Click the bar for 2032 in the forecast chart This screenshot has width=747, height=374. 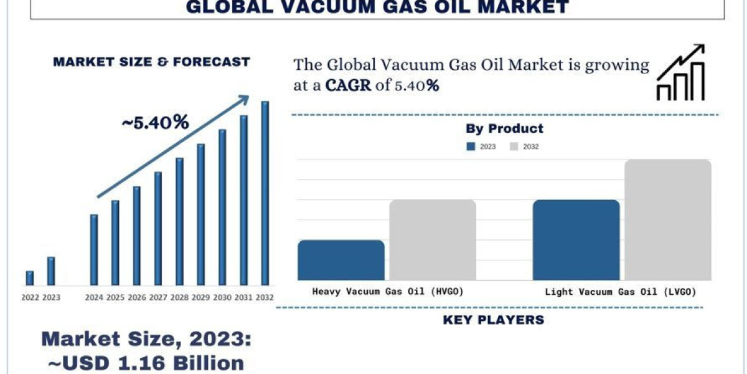coord(265,193)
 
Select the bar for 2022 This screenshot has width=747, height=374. coord(30,278)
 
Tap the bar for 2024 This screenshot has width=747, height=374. coord(94,249)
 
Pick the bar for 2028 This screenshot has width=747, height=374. coord(179,221)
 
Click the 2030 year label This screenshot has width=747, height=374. coord(222,297)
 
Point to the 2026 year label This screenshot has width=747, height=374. coord(137,297)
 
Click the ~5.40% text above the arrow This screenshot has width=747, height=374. coord(155,123)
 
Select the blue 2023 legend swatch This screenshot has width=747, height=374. coord(471,146)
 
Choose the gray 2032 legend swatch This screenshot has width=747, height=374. coord(514,146)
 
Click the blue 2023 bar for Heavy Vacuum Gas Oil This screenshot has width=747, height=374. coord(341,260)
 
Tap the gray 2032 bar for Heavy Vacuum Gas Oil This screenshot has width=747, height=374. coord(433,240)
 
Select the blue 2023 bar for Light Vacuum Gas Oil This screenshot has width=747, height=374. coord(576,240)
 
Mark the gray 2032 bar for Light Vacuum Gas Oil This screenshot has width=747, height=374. coord(668,219)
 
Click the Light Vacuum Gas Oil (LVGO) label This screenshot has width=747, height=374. coord(620,291)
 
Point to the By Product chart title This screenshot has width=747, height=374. coord(504,128)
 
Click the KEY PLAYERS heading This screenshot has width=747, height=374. coord(493,320)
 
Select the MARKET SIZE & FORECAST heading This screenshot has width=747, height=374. coord(151,62)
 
